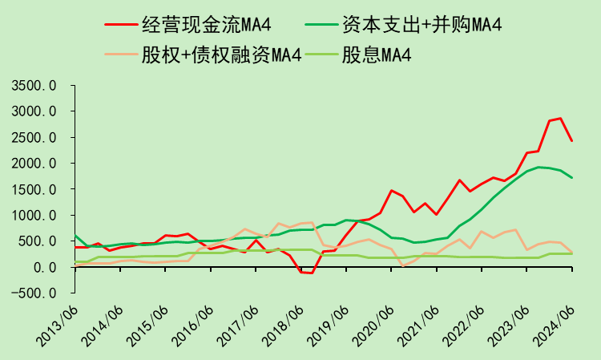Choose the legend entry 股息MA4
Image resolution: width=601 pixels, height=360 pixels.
(388, 55)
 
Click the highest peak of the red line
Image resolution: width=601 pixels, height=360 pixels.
(560, 119)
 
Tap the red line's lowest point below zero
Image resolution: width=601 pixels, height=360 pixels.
(311, 273)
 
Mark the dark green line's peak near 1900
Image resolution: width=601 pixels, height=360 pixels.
(538, 167)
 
